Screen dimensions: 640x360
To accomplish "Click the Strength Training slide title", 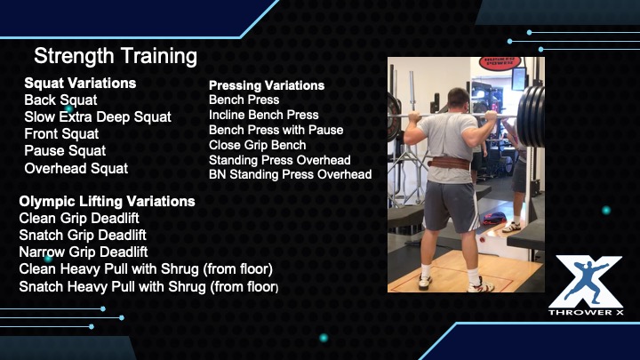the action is click(116, 56).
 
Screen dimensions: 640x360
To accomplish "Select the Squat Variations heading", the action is click(80, 83).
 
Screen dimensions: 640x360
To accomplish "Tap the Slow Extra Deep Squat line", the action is click(98, 117).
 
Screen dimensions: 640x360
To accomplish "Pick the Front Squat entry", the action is click(61, 134).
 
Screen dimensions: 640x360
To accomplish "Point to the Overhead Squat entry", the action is click(76, 168).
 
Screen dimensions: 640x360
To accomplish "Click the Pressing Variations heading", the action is click(267, 85).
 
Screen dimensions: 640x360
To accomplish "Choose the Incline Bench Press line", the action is click(264, 115).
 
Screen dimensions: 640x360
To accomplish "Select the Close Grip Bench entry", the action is click(257, 145).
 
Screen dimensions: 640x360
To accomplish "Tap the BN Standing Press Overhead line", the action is click(290, 174).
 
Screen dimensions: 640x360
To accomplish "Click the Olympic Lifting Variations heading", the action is click(107, 201).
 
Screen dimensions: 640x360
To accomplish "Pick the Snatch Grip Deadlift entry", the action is click(83, 235).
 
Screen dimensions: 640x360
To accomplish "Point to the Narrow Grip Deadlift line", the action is click(84, 252).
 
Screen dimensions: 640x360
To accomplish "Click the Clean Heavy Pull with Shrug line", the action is click(146, 269).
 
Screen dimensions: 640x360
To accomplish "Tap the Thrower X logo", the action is click(586, 285).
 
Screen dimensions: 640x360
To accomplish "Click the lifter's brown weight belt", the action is click(449, 164).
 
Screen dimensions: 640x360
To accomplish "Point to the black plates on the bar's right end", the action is click(531, 116).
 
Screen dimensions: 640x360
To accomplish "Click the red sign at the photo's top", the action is click(500, 62).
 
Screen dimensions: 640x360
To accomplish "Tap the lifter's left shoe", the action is click(425, 282).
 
